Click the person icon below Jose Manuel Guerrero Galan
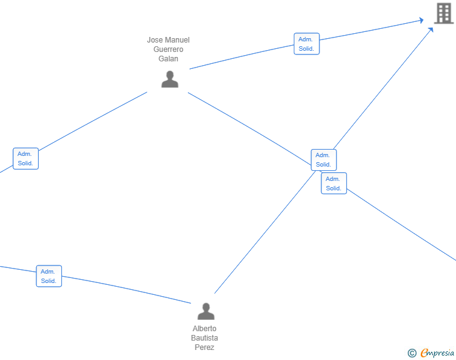(170, 79)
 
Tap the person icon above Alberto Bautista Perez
(206, 311)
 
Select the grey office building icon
(443, 13)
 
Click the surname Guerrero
(168, 49)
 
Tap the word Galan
(168, 59)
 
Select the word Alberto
(204, 329)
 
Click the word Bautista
(204, 338)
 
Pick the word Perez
(204, 347)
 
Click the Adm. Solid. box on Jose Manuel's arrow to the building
(306, 44)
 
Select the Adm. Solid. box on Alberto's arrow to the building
(324, 160)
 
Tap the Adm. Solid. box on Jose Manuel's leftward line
(26, 158)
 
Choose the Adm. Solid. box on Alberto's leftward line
(49, 276)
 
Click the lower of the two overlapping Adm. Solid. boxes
(334, 183)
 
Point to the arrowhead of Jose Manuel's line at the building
(422, 20)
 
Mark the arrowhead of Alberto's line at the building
(431, 29)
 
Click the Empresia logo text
(437, 352)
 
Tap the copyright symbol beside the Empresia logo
(412, 353)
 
